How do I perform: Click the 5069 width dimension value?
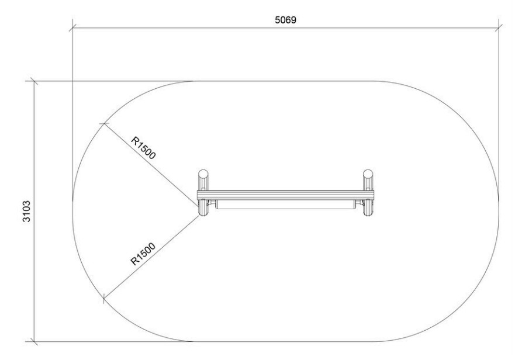click(x=285, y=20)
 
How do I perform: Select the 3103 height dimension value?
click(x=26, y=212)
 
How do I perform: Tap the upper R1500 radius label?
click(x=143, y=148)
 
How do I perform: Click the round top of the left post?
click(x=203, y=174)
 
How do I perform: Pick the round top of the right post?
click(x=368, y=174)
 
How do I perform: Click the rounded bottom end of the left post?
click(x=203, y=213)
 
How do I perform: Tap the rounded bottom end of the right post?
click(x=368, y=213)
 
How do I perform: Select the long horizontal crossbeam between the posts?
click(x=285, y=195)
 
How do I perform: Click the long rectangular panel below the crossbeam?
click(x=285, y=205)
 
